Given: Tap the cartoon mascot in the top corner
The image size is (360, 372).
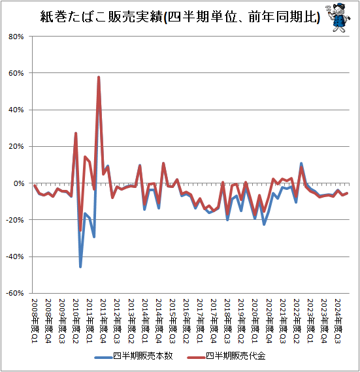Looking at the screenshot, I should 337,16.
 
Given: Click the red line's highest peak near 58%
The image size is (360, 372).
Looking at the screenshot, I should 99,77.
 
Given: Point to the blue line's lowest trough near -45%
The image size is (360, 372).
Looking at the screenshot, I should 80,266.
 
